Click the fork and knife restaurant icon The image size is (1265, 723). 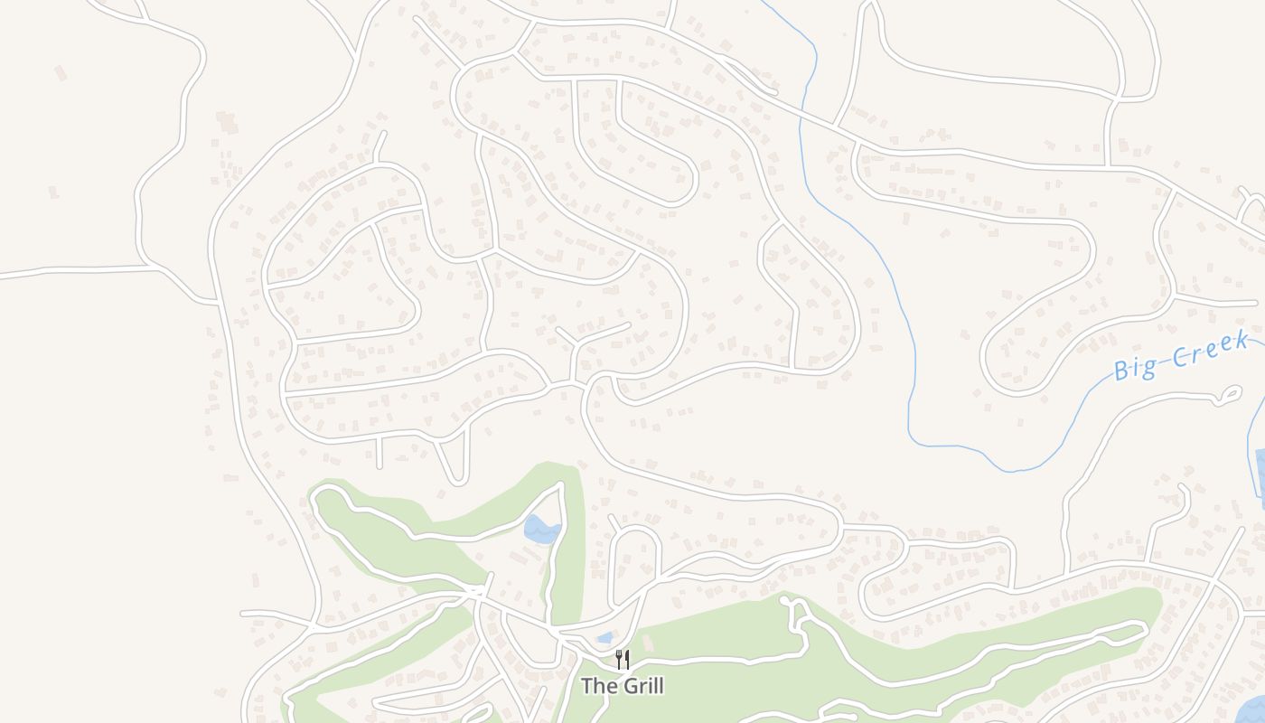point(622,659)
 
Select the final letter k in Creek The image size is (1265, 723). point(1242,340)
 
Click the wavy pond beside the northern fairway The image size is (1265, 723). point(541,530)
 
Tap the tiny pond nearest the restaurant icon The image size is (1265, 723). point(604,638)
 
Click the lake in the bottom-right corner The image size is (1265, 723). point(1251,709)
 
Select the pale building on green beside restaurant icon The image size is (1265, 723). point(647,643)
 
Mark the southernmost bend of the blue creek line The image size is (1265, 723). point(1014,470)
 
